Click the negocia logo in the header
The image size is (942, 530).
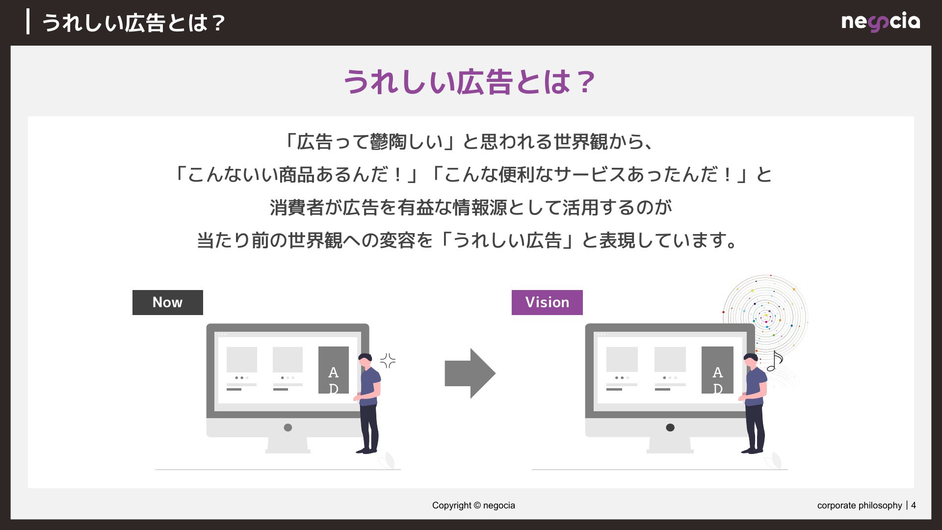pos(881,23)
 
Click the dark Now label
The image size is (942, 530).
pos(168,302)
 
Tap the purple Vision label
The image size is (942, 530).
pos(547,302)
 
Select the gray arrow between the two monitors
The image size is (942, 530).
pos(470,373)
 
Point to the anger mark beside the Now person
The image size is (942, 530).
pos(388,361)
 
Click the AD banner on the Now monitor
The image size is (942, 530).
pos(334,370)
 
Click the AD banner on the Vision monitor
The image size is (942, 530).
pos(717,370)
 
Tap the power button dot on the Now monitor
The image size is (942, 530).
pos(288,427)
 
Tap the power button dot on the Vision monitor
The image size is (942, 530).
pos(670,427)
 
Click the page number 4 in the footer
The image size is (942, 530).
pos(914,505)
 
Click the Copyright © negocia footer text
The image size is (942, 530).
pos(473,505)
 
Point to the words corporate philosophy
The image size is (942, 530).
pos(860,505)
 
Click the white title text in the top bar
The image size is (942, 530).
pos(133,23)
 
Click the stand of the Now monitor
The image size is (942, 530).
pos(288,445)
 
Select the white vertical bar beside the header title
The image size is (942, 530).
pos(28,22)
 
